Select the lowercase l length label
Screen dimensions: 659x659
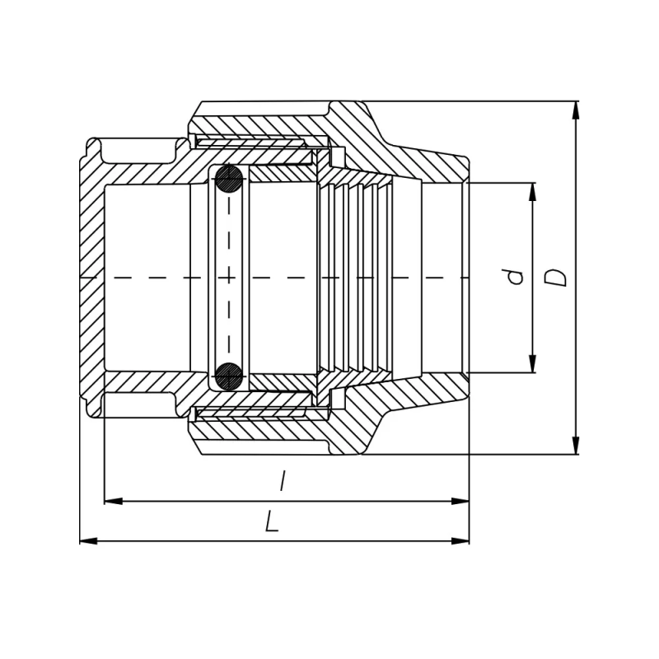point(283,481)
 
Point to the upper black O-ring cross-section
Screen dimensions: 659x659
point(229,179)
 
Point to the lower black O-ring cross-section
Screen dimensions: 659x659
point(229,376)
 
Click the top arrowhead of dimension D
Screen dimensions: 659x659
point(576,110)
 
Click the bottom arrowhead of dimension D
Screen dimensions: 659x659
point(576,446)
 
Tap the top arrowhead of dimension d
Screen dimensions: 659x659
point(532,192)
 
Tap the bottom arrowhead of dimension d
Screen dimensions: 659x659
point(532,363)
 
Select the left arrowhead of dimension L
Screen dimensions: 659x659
point(89,541)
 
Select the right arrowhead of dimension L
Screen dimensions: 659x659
point(460,541)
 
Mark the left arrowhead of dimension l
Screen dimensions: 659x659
point(114,501)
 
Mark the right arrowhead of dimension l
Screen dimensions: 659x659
point(460,501)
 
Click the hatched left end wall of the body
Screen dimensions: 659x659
point(92,278)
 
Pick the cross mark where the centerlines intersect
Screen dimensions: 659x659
point(229,278)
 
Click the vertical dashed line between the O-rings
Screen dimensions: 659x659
point(229,278)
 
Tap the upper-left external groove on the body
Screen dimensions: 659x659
point(138,152)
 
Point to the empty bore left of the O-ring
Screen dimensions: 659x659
point(147,278)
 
